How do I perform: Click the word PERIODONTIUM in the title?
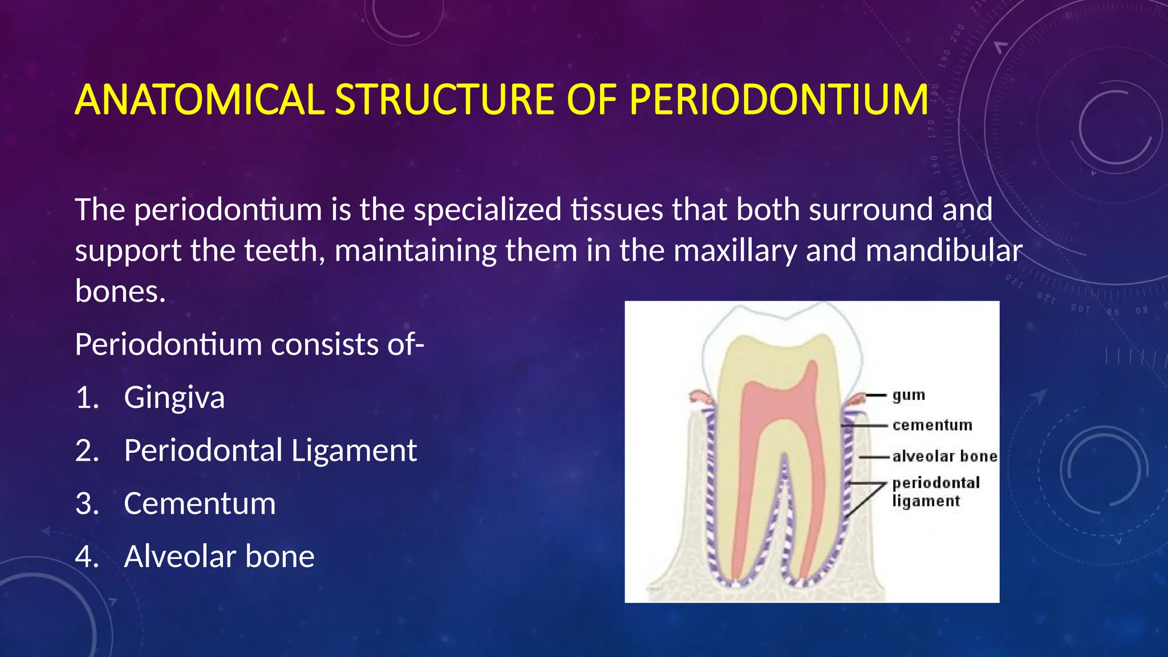[778, 100]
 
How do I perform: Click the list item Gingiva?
[174, 398]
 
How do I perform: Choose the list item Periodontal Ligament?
[270, 451]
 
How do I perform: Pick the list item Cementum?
[200, 504]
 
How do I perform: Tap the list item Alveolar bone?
[219, 557]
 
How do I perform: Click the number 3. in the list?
[87, 504]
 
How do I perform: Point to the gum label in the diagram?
[909, 395]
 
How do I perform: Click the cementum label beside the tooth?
[932, 425]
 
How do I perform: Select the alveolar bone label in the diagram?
[944, 457]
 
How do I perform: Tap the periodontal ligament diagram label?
[935, 492]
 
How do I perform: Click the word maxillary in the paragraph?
[735, 251]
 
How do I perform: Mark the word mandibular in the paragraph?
[944, 251]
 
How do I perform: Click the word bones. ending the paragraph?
[120, 292]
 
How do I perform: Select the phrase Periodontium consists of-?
[249, 345]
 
